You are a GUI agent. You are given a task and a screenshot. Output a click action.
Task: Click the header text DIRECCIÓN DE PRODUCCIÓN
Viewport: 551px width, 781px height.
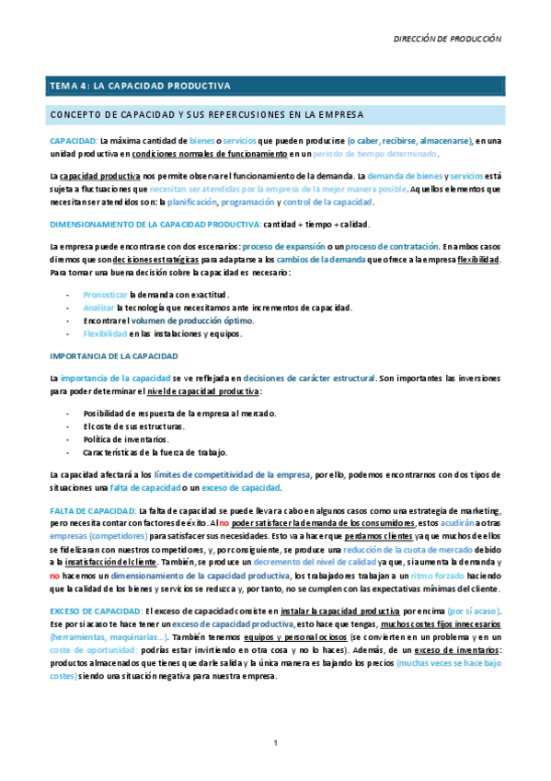pyautogui.click(x=447, y=40)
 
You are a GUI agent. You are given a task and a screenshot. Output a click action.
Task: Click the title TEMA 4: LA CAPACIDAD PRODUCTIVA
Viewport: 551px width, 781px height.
pyautogui.click(x=140, y=87)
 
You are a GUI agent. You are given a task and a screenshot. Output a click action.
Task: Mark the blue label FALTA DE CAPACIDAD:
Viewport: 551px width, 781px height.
pyautogui.click(x=93, y=510)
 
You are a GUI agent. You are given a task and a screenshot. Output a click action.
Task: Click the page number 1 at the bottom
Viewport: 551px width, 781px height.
pyautogui.click(x=275, y=742)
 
